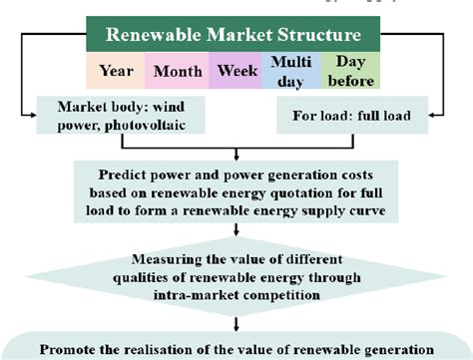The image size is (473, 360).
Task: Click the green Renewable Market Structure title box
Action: (236, 34)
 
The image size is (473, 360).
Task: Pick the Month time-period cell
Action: (176, 72)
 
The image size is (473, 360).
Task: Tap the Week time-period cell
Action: (236, 72)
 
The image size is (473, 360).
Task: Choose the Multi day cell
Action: (291, 72)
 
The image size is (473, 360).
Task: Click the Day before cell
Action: (348, 72)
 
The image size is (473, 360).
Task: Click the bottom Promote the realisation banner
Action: (236, 348)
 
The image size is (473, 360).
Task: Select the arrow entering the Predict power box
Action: (236, 158)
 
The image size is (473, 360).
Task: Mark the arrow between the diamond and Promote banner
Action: (236, 322)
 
